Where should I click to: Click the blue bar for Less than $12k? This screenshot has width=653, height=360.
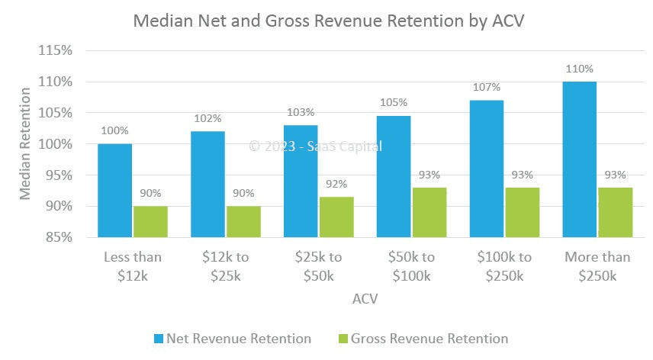[x=114, y=190]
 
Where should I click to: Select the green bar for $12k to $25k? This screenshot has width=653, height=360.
[x=243, y=221]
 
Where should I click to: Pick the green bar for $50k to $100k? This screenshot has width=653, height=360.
[x=429, y=212]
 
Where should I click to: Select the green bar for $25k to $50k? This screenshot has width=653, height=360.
[x=336, y=217]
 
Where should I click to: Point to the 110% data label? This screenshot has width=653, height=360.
[x=579, y=69]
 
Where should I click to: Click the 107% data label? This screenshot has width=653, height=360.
[x=486, y=87]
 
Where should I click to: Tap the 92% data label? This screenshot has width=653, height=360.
[x=336, y=184]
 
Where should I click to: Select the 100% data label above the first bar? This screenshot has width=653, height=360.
[x=114, y=130]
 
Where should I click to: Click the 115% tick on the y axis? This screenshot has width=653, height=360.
[x=56, y=50]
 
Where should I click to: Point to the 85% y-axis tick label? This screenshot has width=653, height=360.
[x=59, y=237]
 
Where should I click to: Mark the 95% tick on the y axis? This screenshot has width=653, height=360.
[x=59, y=175]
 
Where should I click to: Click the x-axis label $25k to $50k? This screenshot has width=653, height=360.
[x=318, y=265]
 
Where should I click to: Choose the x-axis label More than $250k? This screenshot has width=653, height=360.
[x=597, y=265]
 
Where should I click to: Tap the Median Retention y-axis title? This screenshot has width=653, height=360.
[x=26, y=144]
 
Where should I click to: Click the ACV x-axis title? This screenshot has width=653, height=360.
[x=365, y=300]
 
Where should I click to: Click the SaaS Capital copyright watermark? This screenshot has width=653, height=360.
[x=316, y=146]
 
